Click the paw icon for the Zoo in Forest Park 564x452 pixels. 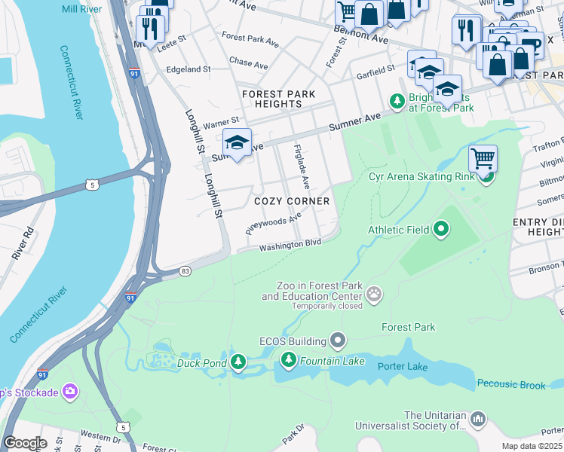click(374, 293)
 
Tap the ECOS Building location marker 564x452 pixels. click(338, 341)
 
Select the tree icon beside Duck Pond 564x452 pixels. click(238, 362)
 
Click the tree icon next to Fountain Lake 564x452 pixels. click(288, 362)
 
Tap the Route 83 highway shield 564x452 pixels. click(185, 270)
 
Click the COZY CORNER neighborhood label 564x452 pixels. click(292, 201)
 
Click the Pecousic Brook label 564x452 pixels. click(510, 385)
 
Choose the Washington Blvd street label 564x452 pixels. click(290, 246)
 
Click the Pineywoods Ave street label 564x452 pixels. click(274, 222)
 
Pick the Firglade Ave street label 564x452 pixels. click(301, 168)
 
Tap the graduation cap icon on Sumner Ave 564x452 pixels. click(237, 142)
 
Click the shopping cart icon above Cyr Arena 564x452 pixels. click(483, 158)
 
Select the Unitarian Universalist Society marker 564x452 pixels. click(477, 418)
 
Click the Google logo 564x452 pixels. click(25, 443)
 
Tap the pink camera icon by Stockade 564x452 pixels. click(70, 390)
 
